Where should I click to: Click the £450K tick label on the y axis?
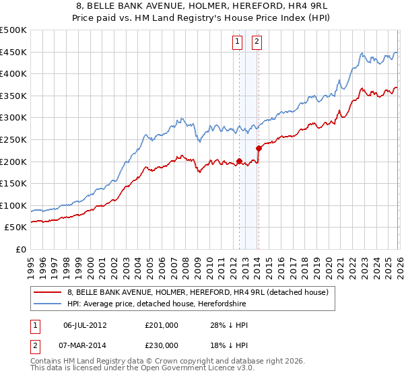[13, 52]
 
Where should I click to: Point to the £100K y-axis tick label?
[13, 205]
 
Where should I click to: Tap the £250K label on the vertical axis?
[13, 139]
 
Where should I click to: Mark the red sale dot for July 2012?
[239, 162]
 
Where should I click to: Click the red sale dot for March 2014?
[259, 148]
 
